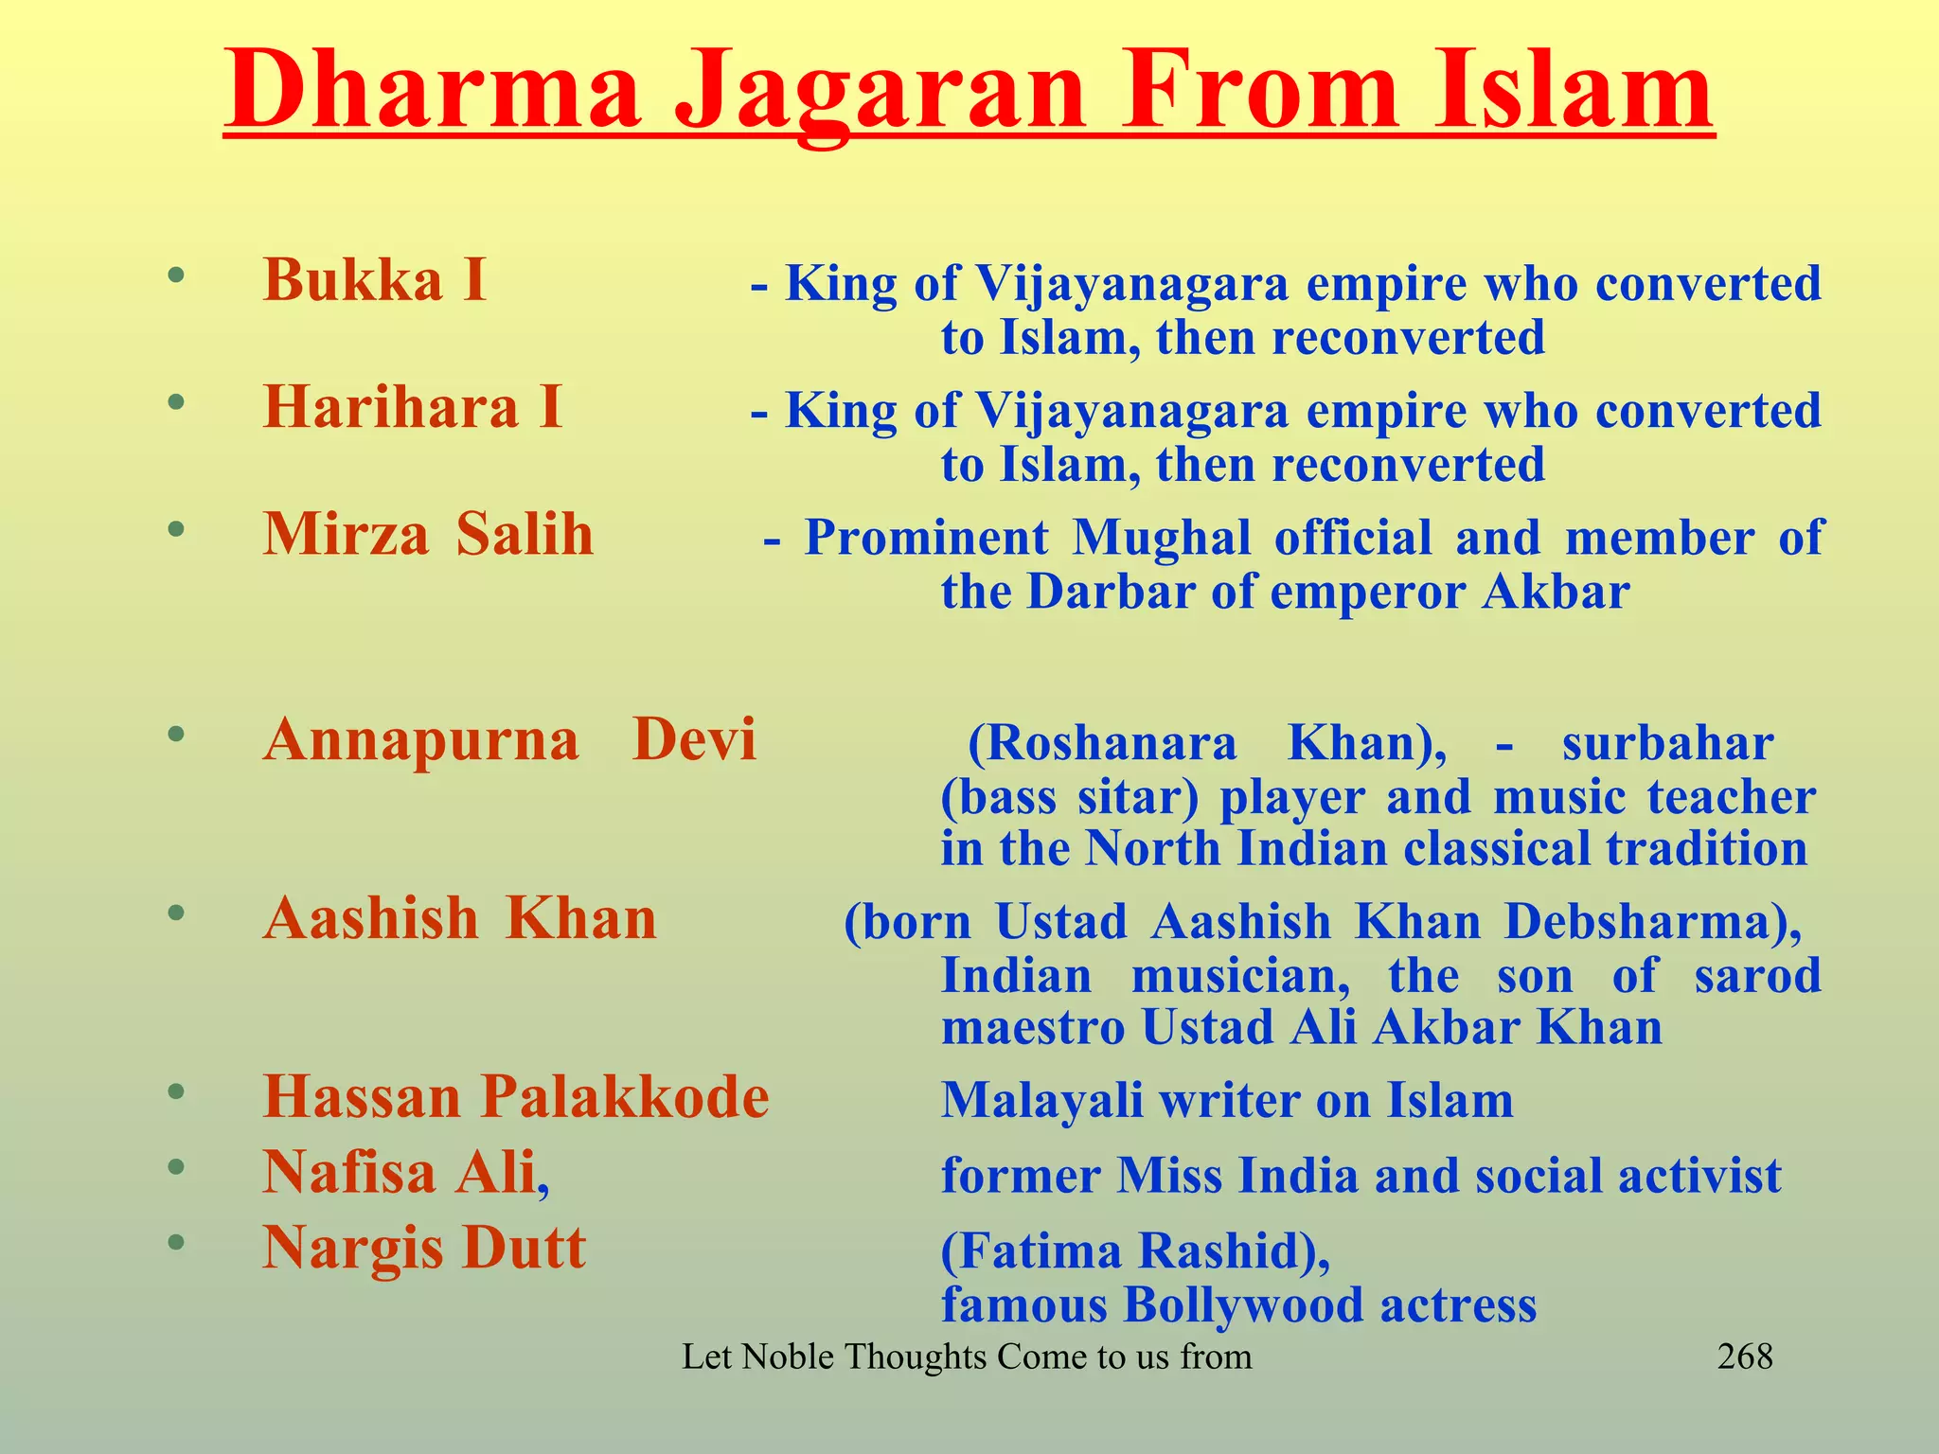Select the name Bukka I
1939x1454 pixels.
375,280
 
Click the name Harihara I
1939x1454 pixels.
413,407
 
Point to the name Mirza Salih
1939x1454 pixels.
428,534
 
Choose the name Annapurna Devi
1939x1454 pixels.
510,739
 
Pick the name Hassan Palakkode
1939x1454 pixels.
516,1097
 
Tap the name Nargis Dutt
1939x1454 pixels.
424,1248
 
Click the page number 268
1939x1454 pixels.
1744,1356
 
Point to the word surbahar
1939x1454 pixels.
1667,744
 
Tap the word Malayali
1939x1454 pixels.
1041,1101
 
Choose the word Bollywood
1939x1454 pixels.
1243,1304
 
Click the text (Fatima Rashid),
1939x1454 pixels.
1135,1250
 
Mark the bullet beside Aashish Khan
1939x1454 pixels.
175,913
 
